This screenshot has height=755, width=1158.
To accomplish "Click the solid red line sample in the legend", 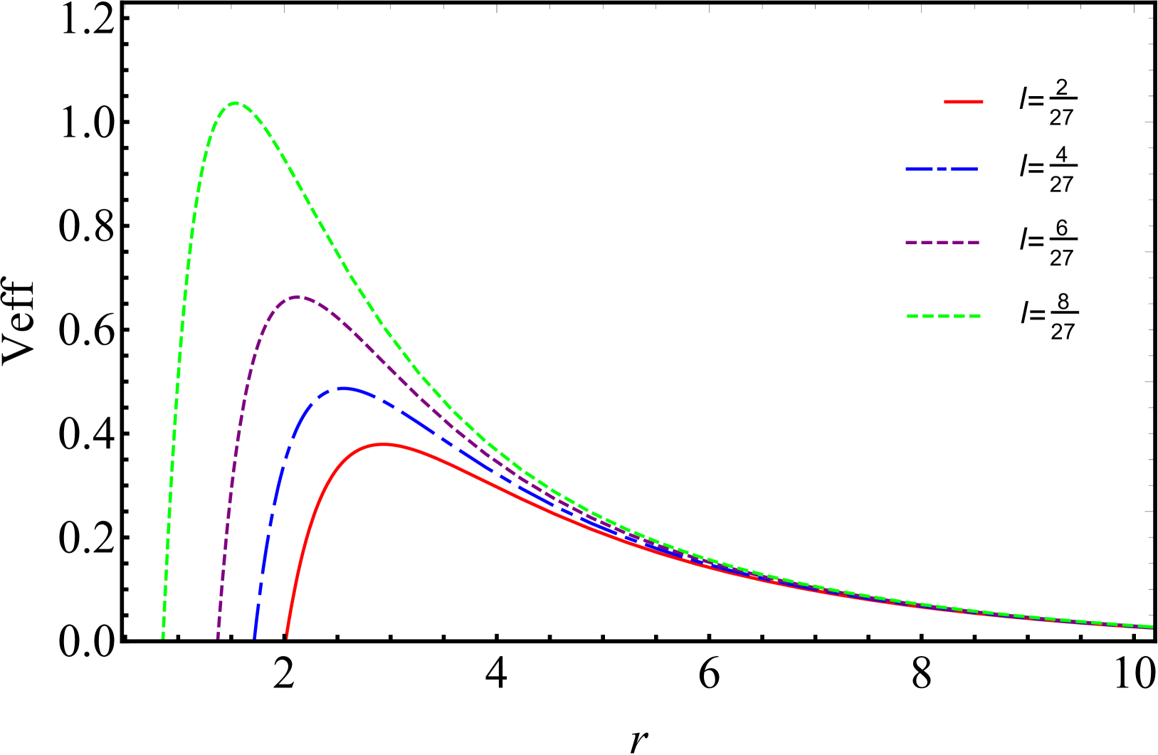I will point(964,102).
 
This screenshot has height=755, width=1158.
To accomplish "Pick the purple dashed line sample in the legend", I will point(942,243).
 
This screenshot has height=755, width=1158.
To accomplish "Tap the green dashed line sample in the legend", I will point(944,316).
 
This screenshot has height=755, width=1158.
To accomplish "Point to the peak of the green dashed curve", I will point(236,103).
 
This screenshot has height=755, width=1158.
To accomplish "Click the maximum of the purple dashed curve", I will point(296,297).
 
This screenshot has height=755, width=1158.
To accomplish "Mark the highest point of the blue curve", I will point(344,389).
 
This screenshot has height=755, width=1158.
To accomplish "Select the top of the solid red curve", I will point(384,444).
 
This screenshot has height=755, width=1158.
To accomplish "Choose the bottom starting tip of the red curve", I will point(287,633).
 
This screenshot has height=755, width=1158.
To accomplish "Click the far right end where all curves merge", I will point(1150,627).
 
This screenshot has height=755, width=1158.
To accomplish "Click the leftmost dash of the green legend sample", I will point(912,316).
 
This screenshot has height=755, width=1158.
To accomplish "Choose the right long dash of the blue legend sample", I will point(964,169).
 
